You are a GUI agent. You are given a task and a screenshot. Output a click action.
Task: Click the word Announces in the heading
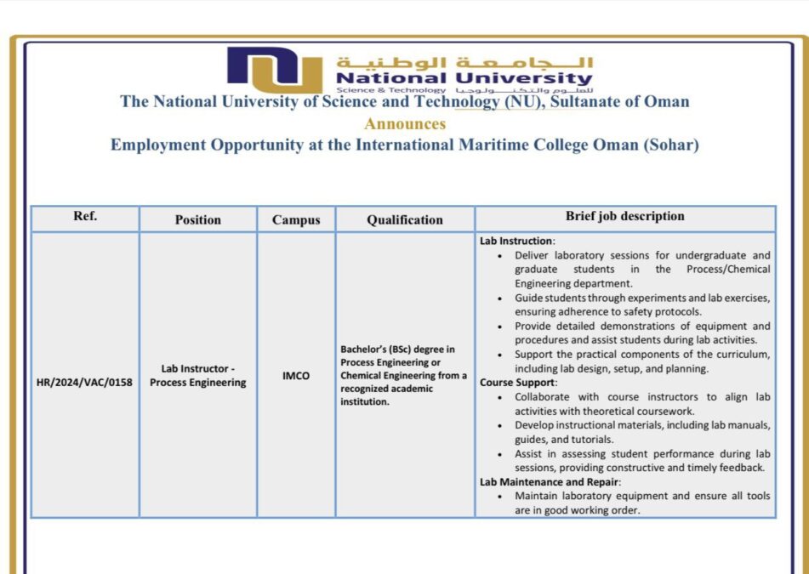click(x=405, y=123)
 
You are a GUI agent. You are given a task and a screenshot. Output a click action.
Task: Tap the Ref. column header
click(x=85, y=216)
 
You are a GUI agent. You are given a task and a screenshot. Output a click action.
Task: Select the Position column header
click(x=197, y=219)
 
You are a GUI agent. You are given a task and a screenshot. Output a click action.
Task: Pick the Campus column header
click(x=296, y=219)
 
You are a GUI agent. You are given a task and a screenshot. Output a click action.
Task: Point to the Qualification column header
click(x=405, y=219)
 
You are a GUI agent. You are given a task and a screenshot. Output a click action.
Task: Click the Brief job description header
click(x=624, y=217)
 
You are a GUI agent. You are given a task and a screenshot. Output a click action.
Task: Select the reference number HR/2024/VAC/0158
click(x=84, y=382)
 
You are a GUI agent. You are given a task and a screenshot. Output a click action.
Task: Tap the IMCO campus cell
click(x=296, y=375)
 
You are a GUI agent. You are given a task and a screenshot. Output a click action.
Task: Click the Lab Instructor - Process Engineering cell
click(x=197, y=375)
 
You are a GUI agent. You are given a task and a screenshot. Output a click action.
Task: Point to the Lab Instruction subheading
click(x=516, y=241)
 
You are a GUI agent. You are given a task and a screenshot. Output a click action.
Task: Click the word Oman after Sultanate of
click(x=666, y=102)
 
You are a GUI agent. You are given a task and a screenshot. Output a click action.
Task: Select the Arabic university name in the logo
click(x=464, y=63)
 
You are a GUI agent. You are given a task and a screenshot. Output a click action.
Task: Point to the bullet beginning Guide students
click(x=642, y=304)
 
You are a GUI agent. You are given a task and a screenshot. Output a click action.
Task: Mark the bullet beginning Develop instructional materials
click(x=642, y=432)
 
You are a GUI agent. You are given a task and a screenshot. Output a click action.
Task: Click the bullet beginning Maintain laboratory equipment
click(x=642, y=503)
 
